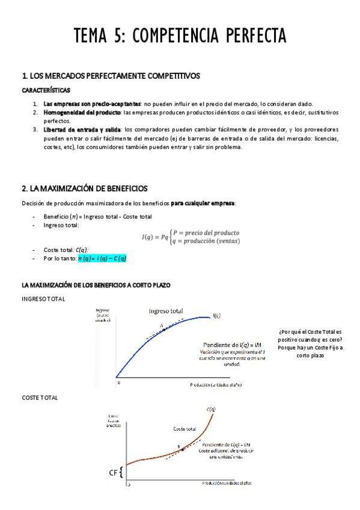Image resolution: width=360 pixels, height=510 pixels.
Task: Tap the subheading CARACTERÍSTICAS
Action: (46, 90)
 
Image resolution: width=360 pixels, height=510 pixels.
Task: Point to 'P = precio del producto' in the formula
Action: (206, 232)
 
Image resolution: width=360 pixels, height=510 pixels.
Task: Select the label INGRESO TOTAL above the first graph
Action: (43, 299)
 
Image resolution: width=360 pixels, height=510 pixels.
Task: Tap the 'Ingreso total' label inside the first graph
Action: (166, 311)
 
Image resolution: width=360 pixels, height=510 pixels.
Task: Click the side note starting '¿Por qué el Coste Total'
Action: (310, 343)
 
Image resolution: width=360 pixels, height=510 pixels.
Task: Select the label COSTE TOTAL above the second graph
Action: (40, 398)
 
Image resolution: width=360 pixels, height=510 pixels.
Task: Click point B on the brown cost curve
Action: (180, 448)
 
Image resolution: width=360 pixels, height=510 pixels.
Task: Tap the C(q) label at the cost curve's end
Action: (211, 410)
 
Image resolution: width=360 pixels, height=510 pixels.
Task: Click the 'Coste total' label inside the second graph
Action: (185, 429)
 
